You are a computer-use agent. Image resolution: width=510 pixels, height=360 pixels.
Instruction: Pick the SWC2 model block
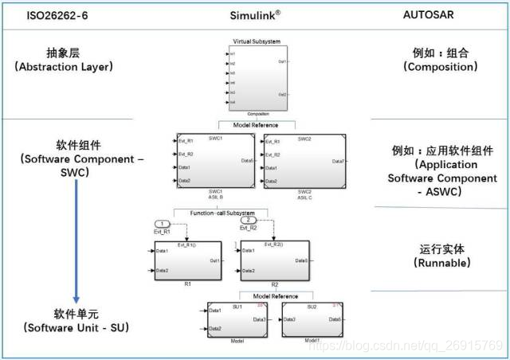[304, 161]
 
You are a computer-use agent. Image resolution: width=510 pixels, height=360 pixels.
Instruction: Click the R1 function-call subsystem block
[183, 259]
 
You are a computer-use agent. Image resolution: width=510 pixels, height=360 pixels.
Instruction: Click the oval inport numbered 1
[162, 222]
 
